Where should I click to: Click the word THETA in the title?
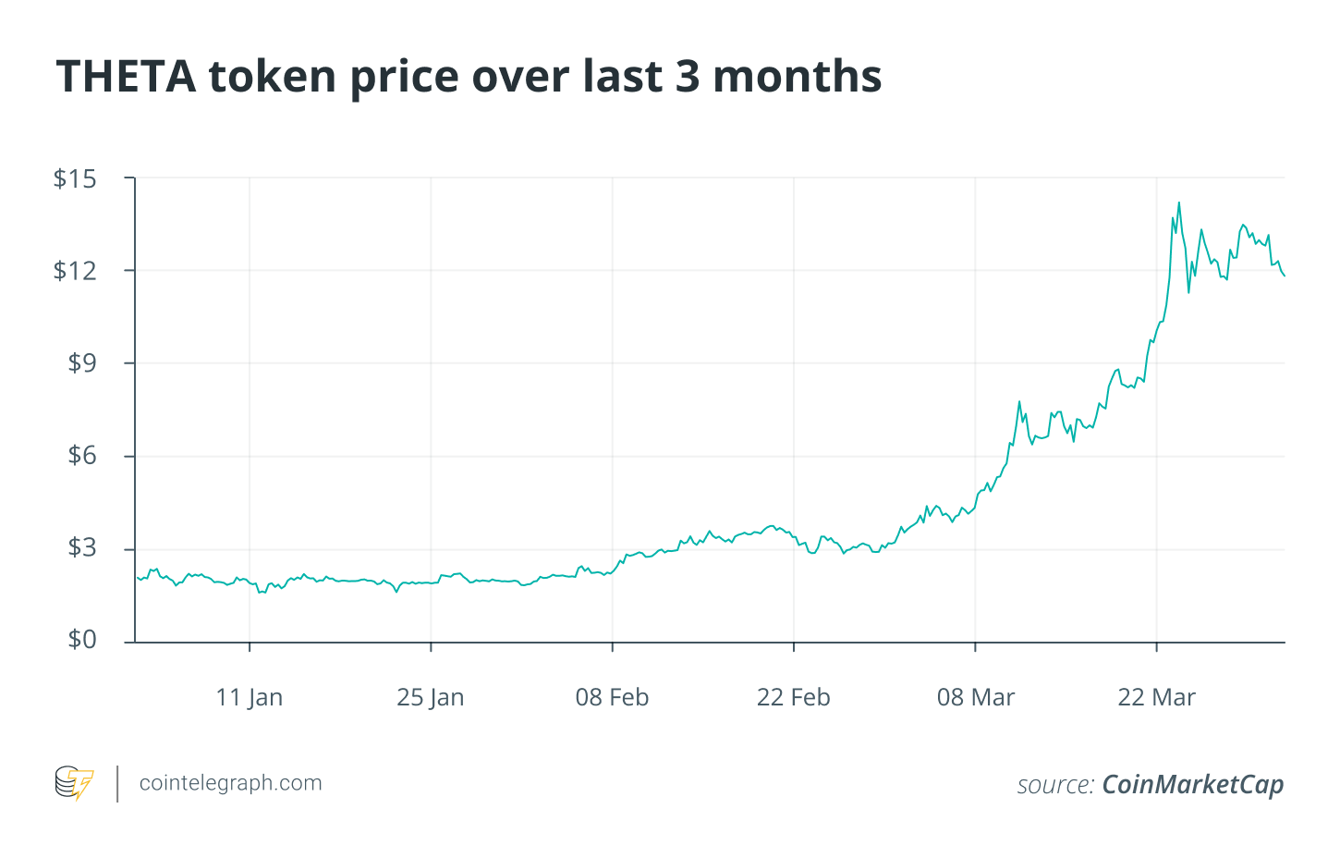click(x=127, y=76)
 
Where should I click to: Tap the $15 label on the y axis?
click(x=75, y=178)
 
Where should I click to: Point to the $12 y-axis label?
click(x=75, y=271)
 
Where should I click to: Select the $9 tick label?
click(x=81, y=363)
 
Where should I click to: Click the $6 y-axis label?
click(x=81, y=456)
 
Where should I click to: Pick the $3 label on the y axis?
click(x=81, y=548)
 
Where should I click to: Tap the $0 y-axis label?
click(x=81, y=640)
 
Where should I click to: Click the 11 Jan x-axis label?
click(x=250, y=697)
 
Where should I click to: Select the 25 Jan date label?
click(x=431, y=697)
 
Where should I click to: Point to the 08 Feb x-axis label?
click(x=612, y=697)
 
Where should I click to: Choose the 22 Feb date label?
click(x=793, y=697)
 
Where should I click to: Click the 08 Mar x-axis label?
click(x=975, y=697)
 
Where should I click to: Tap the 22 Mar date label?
click(x=1156, y=697)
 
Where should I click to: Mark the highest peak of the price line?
click(x=1178, y=202)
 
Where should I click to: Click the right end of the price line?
click(x=1284, y=276)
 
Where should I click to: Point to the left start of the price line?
click(x=137, y=577)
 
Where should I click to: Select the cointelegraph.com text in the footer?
click(x=230, y=783)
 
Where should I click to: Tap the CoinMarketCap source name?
click(x=1192, y=785)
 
